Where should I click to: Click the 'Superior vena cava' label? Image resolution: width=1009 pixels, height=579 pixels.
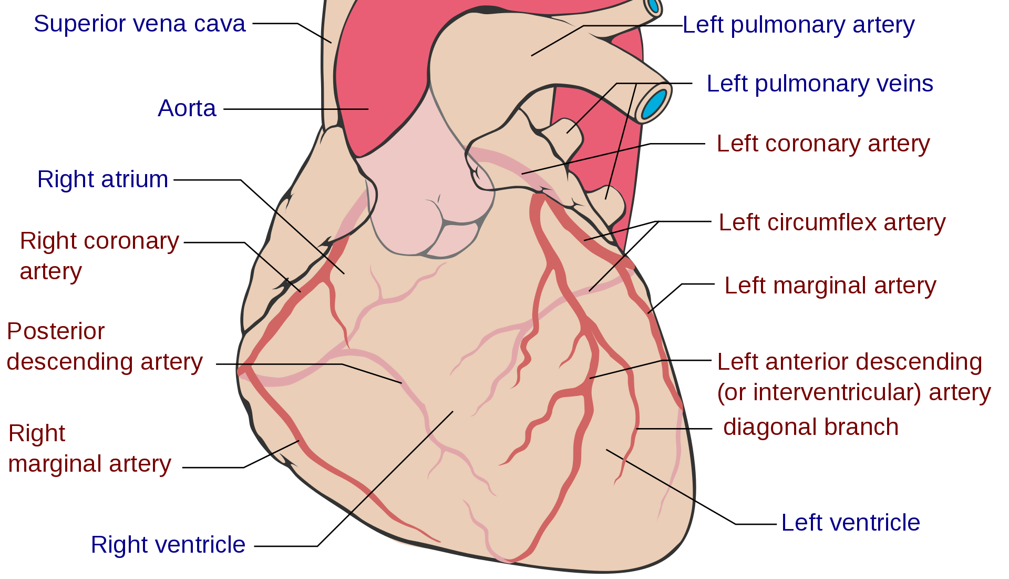(139, 24)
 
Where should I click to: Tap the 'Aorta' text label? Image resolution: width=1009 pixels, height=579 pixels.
(187, 108)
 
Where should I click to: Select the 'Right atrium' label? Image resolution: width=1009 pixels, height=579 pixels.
(102, 179)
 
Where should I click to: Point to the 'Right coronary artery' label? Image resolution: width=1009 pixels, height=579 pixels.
(99, 256)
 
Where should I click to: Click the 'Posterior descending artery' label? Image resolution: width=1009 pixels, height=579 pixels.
(104, 347)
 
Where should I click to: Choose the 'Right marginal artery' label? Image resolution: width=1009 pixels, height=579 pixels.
(89, 449)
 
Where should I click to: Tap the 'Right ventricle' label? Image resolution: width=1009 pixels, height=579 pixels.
(168, 545)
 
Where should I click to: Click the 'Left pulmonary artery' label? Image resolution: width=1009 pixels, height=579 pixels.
(798, 25)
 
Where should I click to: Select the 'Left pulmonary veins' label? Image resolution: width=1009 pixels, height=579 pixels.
(820, 84)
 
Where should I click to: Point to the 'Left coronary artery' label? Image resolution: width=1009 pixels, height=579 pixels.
(823, 144)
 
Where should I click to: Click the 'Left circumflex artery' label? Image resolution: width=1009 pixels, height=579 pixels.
(832, 222)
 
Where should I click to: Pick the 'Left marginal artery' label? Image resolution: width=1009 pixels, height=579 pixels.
(830, 286)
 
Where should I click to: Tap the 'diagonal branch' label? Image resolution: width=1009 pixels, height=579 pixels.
(810, 427)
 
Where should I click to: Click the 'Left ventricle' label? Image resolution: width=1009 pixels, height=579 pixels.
(850, 523)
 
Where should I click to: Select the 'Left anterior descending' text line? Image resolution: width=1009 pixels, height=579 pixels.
(850, 362)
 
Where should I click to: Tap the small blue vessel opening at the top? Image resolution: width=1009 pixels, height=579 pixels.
(653, 5)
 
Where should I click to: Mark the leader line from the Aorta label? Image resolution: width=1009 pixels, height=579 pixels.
(345, 109)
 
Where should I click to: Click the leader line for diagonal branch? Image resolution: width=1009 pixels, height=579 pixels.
(663, 429)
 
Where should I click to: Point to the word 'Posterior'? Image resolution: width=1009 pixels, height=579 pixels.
(56, 331)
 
